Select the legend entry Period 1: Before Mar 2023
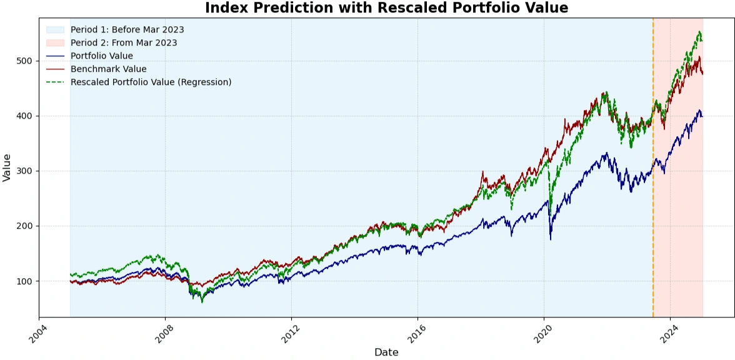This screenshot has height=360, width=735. (x=127, y=29)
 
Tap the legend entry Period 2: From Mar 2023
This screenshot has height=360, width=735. (x=124, y=42)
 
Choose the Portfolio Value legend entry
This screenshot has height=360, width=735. (x=101, y=56)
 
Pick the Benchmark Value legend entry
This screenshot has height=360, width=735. (x=108, y=69)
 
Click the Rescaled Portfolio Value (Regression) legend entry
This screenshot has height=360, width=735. (x=151, y=82)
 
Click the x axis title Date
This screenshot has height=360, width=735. (x=386, y=352)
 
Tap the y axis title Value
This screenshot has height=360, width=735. (x=7, y=167)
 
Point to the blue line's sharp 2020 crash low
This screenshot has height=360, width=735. (x=551, y=239)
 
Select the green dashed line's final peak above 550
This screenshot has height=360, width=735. (x=699, y=32)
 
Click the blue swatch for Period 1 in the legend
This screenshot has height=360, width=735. (x=55, y=29)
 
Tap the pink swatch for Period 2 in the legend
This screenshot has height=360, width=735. (x=55, y=42)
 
